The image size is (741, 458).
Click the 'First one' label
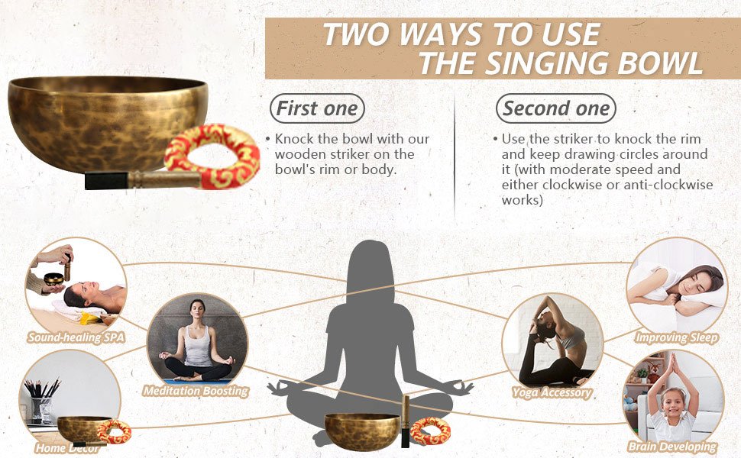(x=317, y=108)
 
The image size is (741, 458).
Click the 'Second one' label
(x=556, y=108)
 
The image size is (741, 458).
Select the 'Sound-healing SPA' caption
(x=76, y=337)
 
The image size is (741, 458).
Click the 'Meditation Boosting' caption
(x=196, y=391)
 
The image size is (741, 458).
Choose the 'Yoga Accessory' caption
(x=552, y=392)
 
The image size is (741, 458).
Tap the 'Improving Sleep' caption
(x=677, y=337)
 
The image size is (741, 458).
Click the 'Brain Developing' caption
(x=673, y=447)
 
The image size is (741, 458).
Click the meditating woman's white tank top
(x=197, y=345)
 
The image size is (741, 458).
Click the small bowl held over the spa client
(x=53, y=279)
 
